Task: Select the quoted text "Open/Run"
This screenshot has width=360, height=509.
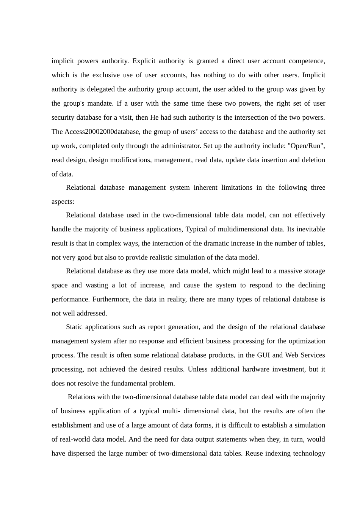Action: (307, 146)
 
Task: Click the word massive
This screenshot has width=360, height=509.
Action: (282, 271)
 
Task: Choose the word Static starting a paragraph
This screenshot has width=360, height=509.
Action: (74, 327)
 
